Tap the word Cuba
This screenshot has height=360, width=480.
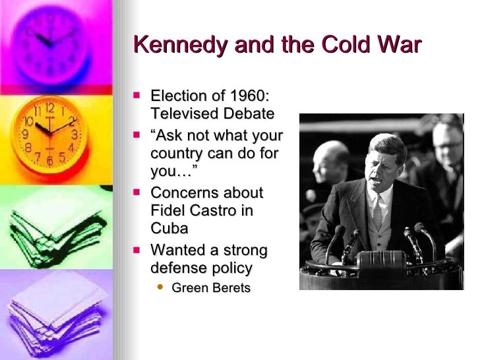click(169, 228)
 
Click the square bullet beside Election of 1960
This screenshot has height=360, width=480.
click(137, 96)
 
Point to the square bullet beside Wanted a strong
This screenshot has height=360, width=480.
click(137, 250)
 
